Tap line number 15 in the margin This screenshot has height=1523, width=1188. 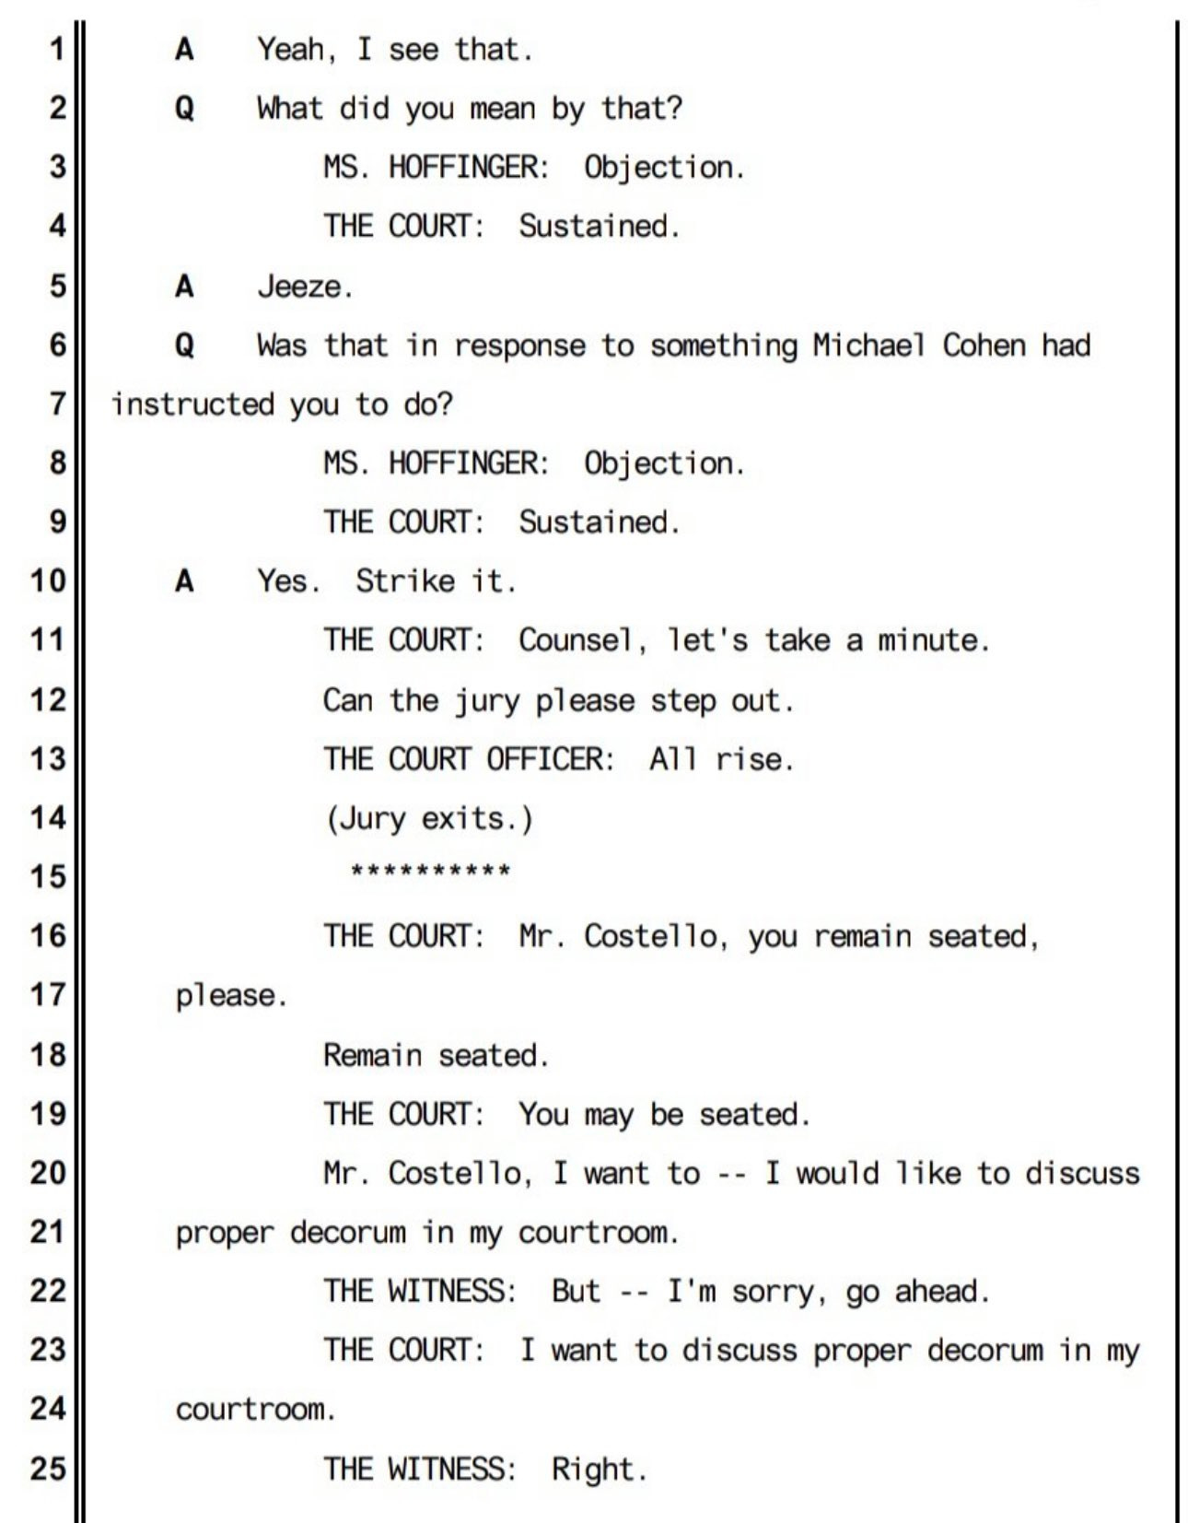tap(48, 876)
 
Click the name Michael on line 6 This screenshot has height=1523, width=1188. tap(868, 346)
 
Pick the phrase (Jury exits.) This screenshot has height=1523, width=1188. tap(429, 819)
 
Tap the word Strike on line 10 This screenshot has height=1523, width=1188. tap(405, 581)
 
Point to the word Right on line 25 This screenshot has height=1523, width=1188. tap(597, 1469)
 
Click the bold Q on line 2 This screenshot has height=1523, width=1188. tap(184, 109)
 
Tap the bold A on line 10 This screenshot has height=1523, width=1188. tap(184, 581)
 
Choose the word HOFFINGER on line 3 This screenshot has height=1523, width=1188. tap(468, 168)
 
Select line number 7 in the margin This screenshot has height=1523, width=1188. tap(57, 404)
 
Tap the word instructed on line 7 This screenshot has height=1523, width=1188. tap(193, 404)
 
